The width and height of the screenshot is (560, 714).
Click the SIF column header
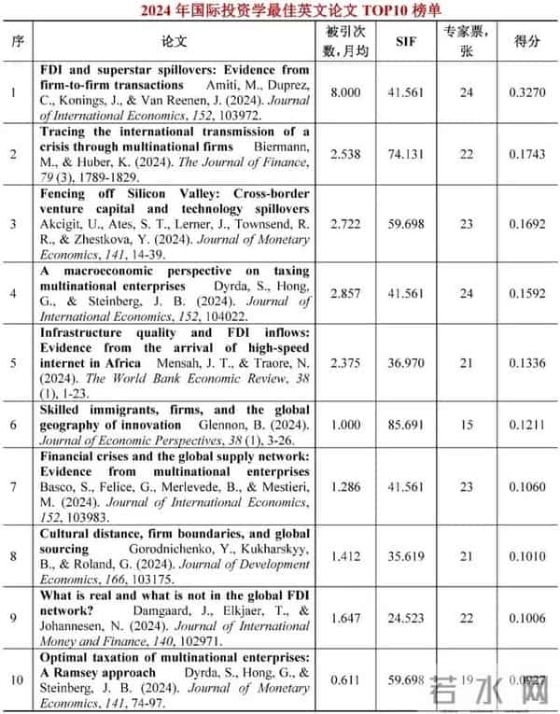point(406,41)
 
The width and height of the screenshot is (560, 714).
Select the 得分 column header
point(527,41)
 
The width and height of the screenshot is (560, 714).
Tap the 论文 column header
point(175,41)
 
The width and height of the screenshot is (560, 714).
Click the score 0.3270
point(527,92)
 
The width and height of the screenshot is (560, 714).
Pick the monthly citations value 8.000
point(347,92)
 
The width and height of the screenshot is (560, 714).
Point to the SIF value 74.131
point(406,153)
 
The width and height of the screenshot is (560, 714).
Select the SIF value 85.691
point(406,424)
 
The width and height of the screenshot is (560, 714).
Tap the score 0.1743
point(527,153)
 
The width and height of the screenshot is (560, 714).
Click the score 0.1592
point(527,293)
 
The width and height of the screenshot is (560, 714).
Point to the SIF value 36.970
point(406,362)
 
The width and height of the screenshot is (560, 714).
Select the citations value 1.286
point(347,485)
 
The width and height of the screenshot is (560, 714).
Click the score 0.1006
point(527,617)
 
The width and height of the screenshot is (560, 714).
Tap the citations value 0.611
point(347,679)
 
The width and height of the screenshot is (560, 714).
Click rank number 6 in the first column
point(14,424)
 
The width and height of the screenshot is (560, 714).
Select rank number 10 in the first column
point(14,679)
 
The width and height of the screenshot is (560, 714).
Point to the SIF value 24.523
point(406,617)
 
